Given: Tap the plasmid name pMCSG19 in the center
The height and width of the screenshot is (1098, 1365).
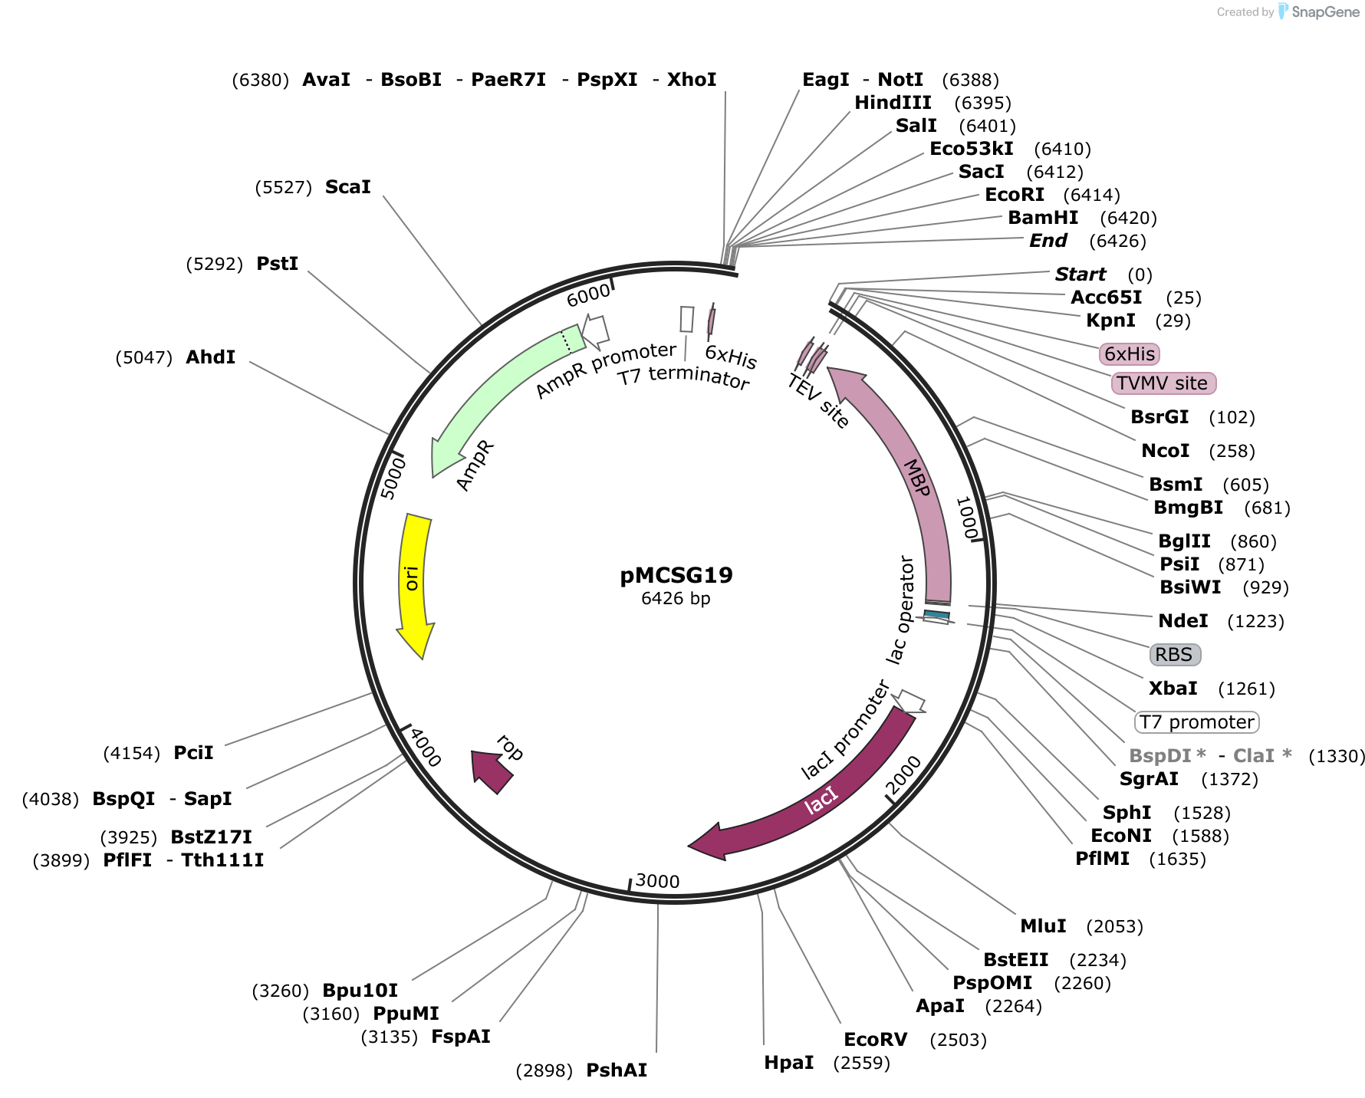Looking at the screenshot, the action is (x=676, y=575).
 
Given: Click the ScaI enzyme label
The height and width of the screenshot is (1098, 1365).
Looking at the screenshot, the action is (x=348, y=187).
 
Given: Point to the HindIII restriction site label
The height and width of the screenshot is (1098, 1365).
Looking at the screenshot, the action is (x=893, y=103).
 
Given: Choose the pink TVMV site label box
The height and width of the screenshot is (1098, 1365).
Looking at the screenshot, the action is (x=1164, y=383).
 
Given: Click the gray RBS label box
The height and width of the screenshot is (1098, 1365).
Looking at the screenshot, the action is (x=1175, y=654).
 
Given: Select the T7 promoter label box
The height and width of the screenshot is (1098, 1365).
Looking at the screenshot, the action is (x=1197, y=722).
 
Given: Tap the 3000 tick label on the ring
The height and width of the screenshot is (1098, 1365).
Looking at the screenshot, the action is (x=658, y=881).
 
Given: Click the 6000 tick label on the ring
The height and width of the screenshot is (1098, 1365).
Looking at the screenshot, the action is (x=588, y=294).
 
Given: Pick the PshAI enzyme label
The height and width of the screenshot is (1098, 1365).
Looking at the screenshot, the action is (x=617, y=1070).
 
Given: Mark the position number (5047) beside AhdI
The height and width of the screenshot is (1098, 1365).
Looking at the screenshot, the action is (x=144, y=357).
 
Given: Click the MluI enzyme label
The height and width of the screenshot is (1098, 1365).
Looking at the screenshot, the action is (x=1043, y=926).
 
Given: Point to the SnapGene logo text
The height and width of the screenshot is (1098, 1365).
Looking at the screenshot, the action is (x=1326, y=12).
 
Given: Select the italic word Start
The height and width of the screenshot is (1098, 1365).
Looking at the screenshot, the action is (x=1080, y=274).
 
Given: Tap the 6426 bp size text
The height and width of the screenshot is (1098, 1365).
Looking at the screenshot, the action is (x=676, y=598).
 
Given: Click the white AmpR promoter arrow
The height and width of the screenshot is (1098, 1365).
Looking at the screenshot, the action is (x=595, y=330).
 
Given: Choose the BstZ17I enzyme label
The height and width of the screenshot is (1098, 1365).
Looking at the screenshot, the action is (x=212, y=837).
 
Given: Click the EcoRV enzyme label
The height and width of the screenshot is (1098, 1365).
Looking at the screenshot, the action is (x=876, y=1040).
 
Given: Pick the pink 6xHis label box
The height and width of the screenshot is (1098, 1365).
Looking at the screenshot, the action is (x=1130, y=353).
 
